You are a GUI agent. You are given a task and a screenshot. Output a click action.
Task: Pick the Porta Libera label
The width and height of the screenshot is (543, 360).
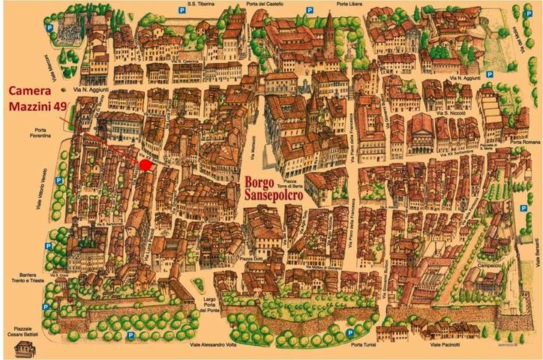(x=351, y=4)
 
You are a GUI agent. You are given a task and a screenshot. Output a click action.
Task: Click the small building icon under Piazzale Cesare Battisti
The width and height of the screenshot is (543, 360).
(x=25, y=348)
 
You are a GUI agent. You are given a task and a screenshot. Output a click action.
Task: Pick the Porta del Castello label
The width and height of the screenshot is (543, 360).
(x=268, y=4)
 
